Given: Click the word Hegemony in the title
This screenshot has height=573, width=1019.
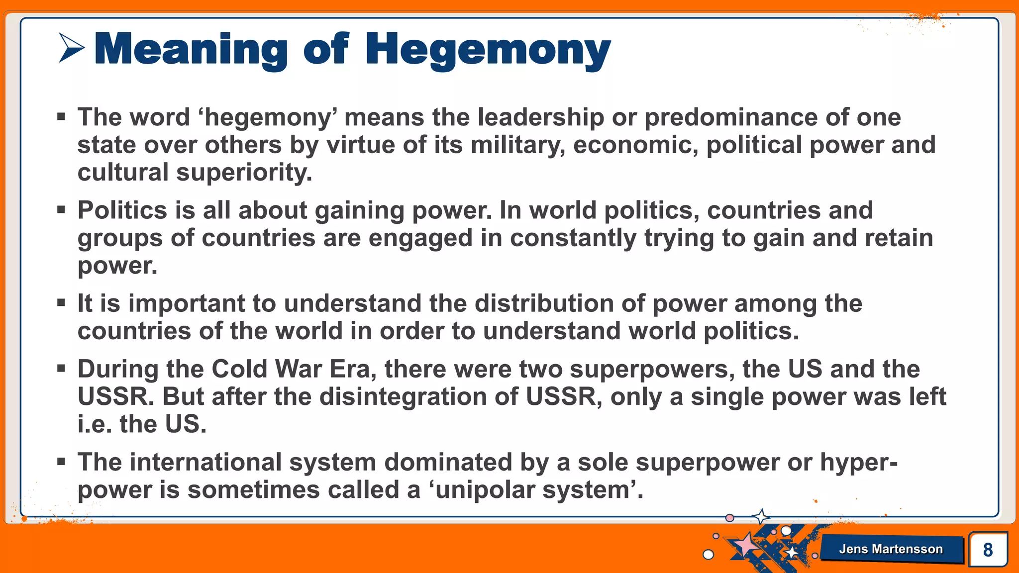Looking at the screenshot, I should [x=488, y=50].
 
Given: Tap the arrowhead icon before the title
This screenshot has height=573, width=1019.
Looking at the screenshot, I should [x=72, y=48].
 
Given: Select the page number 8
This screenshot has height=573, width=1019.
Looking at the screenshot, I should [x=988, y=550].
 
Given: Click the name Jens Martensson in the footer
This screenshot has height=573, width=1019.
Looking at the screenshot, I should [x=891, y=549].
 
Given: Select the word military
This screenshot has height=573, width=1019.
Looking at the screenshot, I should [x=517, y=145].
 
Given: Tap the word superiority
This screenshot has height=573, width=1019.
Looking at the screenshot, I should [x=244, y=173].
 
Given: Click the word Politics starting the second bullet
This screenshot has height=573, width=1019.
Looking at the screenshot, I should [x=122, y=210].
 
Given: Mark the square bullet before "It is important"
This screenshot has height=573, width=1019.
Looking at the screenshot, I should [x=61, y=302].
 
